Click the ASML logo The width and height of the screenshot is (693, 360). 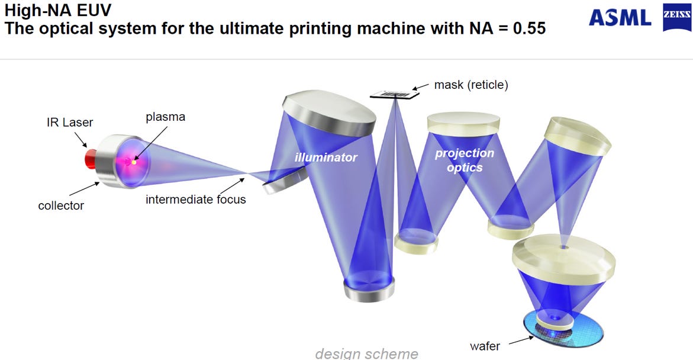coord(620,18)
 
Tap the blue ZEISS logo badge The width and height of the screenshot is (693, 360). coord(676,18)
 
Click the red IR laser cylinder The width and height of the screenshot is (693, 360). coord(91,158)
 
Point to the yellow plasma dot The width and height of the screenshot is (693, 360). coord(134,162)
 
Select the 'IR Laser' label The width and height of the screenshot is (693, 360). coord(70,122)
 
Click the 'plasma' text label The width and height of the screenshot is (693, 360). coord(165,117)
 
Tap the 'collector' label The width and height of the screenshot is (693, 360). coord(61,205)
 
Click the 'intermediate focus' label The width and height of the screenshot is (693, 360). coord(196,200)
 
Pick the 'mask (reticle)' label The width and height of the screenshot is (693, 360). coord(471,85)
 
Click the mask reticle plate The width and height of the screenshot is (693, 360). coord(395,94)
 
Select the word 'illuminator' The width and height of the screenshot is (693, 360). coord(325,157)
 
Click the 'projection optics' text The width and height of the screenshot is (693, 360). coord(465,160)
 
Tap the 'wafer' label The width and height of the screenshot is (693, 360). coord(485,346)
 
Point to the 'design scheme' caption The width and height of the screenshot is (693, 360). coord(366,353)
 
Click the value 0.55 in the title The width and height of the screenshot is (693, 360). coord(529,28)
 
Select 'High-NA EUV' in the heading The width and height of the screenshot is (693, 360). coord(58,9)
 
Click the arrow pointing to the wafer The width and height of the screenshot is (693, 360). coord(521,340)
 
